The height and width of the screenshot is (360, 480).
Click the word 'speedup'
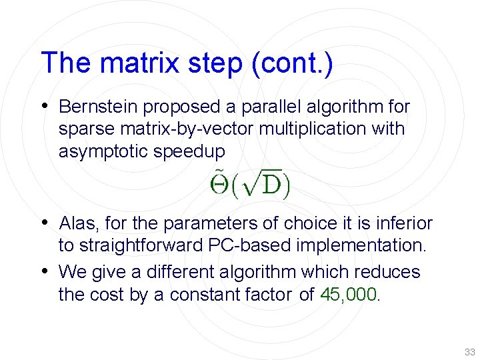[193, 151]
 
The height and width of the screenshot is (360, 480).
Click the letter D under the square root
[271, 185]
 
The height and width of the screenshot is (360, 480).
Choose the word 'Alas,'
[79, 223]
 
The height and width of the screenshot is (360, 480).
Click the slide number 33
[469, 352]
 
